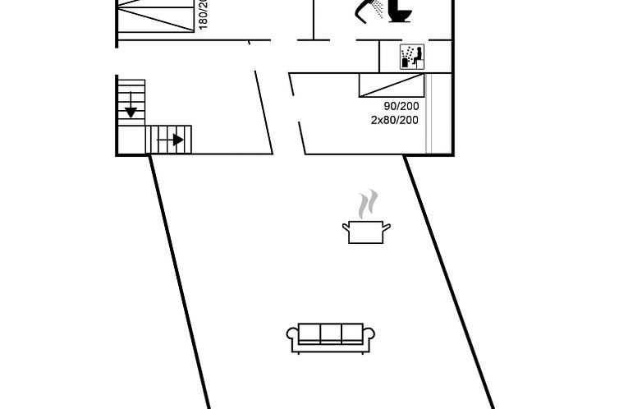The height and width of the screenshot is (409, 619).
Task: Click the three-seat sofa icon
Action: [330, 337]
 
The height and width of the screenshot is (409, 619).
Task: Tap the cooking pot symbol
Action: [366, 232]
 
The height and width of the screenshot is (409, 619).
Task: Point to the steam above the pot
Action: [368, 203]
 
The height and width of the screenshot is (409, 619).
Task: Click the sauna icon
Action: [411, 57]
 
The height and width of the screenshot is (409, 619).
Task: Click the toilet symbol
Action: [400, 11]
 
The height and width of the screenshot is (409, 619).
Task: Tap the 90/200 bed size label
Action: [401, 106]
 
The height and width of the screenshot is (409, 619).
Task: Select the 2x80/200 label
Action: [394, 120]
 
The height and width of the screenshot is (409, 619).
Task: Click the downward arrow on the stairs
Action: [131, 108]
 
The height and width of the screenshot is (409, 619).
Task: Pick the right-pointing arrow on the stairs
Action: [176, 140]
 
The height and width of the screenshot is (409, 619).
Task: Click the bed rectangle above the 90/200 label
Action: [392, 85]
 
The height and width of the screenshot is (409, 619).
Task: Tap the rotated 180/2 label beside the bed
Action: [204, 15]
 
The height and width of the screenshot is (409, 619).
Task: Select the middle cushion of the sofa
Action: [330, 333]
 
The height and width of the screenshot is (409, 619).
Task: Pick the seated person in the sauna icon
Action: [416, 56]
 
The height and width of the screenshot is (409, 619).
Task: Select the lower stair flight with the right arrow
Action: [168, 140]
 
